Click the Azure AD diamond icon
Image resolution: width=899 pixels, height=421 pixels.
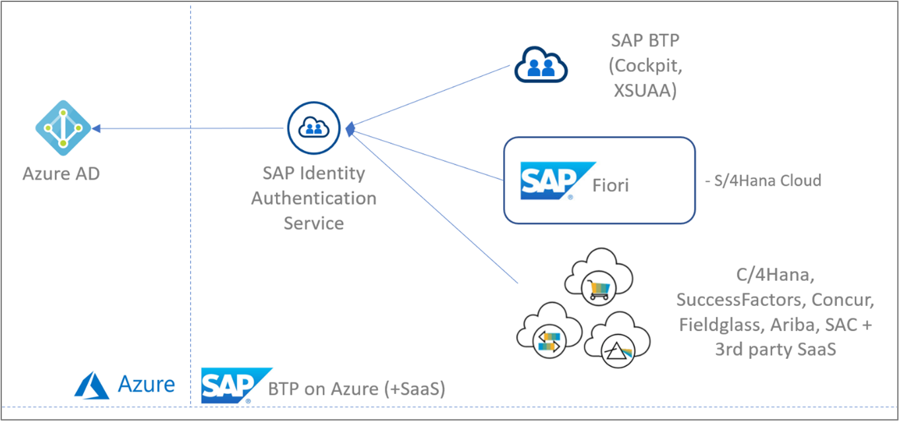click(x=63, y=128)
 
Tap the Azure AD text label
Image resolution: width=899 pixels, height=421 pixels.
click(x=61, y=174)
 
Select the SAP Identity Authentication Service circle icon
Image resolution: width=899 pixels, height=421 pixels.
click(x=314, y=128)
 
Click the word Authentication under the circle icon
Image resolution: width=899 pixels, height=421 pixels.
click(x=314, y=198)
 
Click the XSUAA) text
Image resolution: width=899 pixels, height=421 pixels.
click(x=644, y=91)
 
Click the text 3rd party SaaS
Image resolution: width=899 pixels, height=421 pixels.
click(x=775, y=349)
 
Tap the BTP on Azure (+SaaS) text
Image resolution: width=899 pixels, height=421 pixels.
click(x=356, y=389)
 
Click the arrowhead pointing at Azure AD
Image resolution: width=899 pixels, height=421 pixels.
click(x=96, y=129)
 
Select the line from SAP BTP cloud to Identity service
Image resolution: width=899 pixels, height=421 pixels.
click(x=432, y=95)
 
